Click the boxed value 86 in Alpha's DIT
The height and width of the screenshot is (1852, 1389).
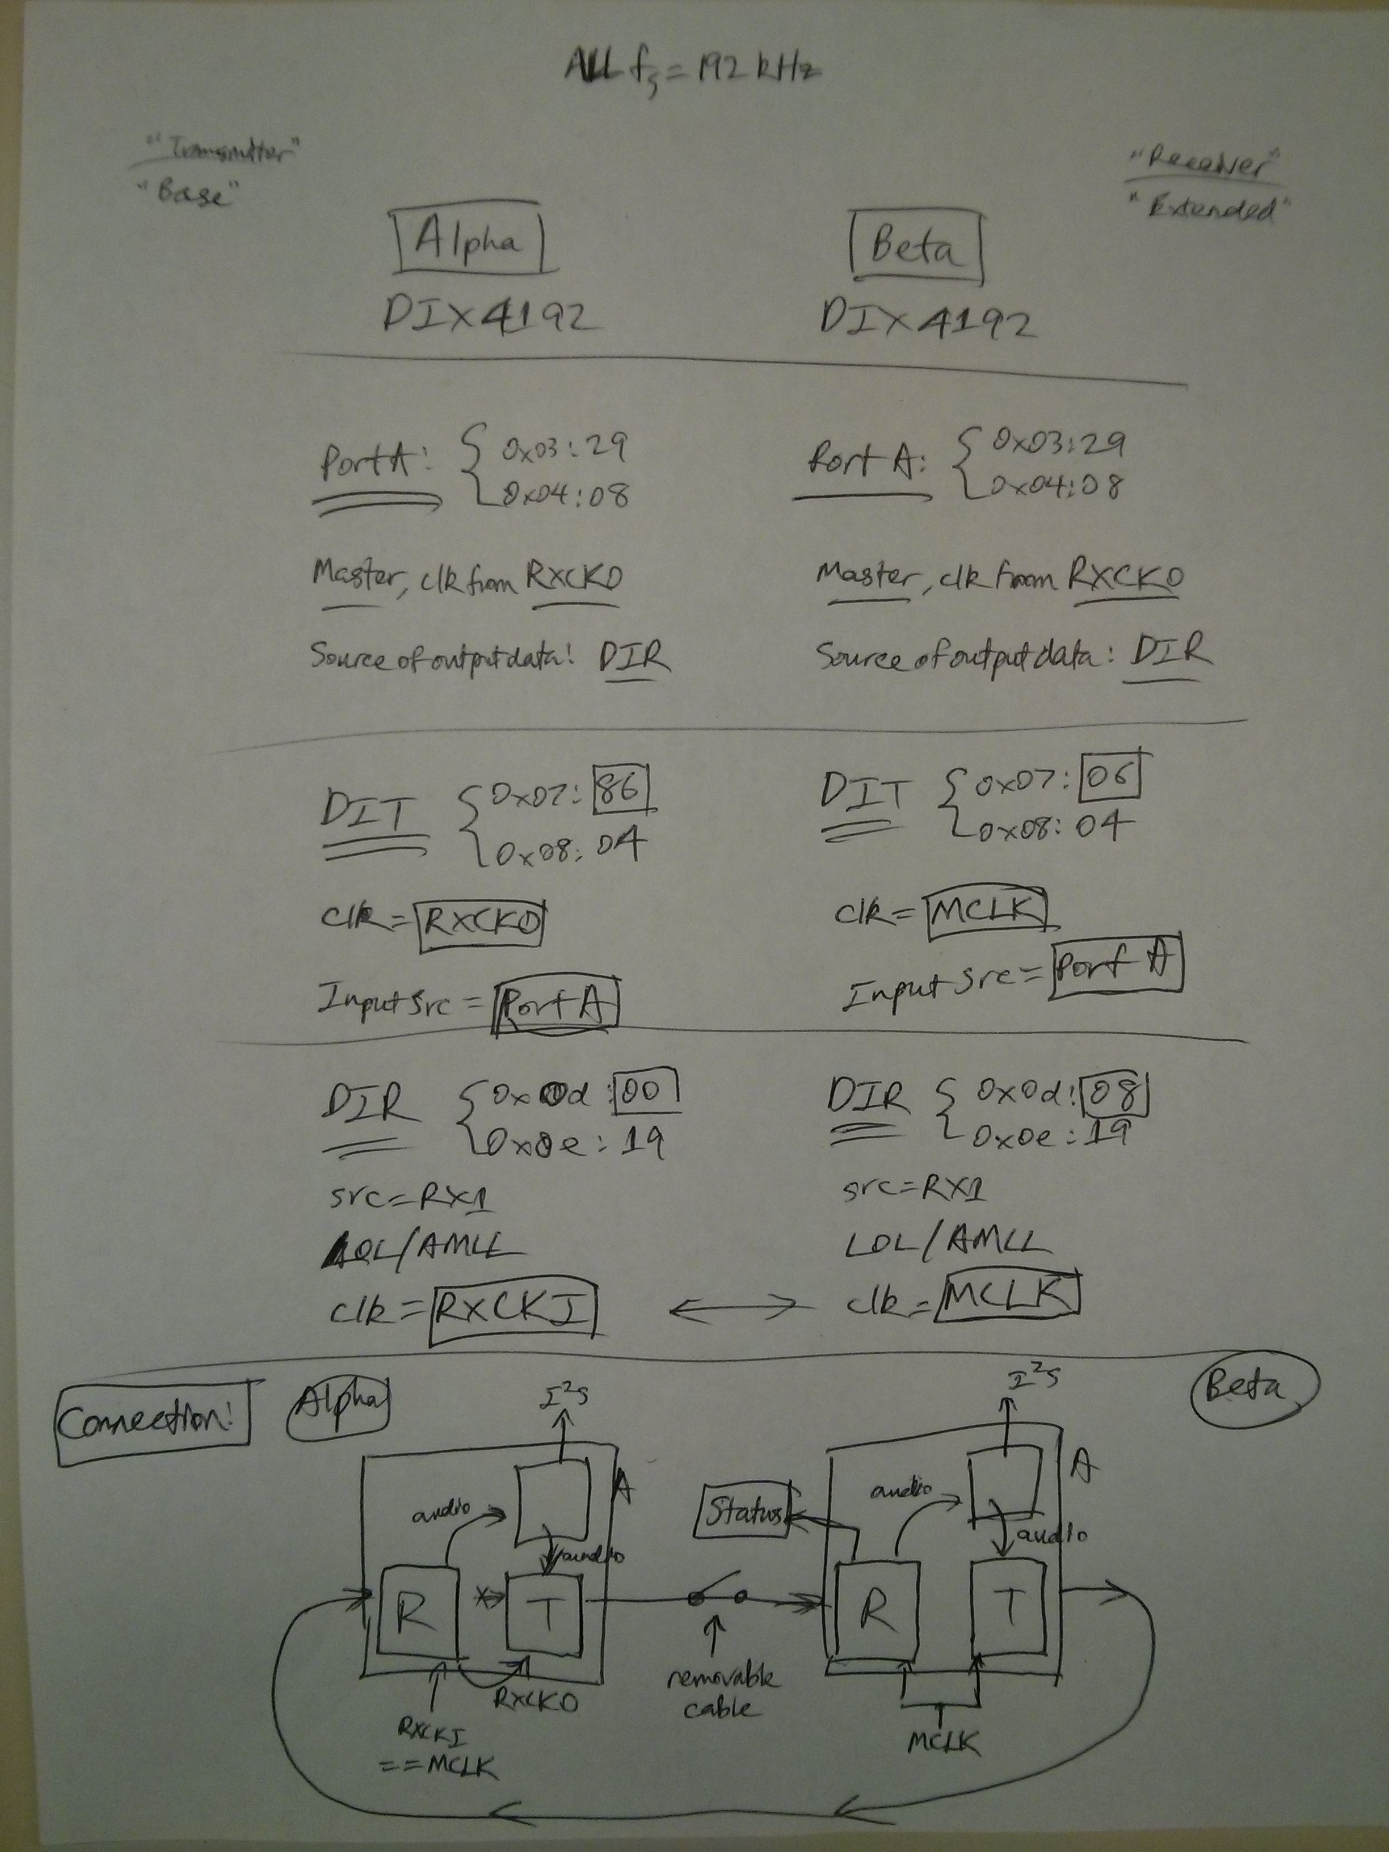click(620, 790)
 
